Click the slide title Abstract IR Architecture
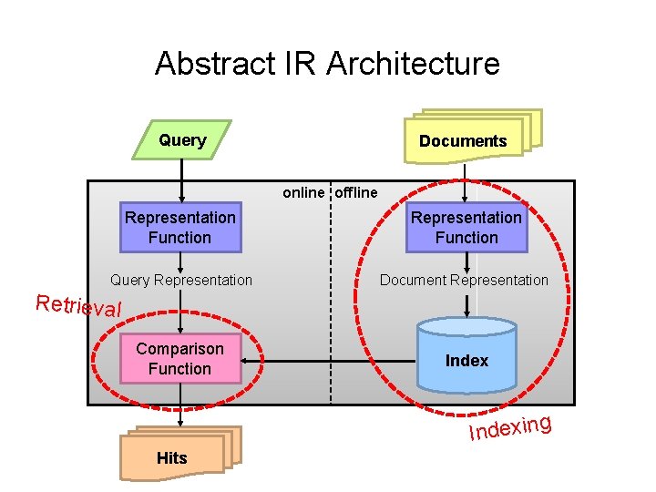327,64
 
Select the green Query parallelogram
182,140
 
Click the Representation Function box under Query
180,228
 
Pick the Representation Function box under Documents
466,228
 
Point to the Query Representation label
180,280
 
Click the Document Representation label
464,280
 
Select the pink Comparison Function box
179,359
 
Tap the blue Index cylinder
466,357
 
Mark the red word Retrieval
78,305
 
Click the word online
303,192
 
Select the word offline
356,192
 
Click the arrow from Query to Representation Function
181,180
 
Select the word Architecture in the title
413,64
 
